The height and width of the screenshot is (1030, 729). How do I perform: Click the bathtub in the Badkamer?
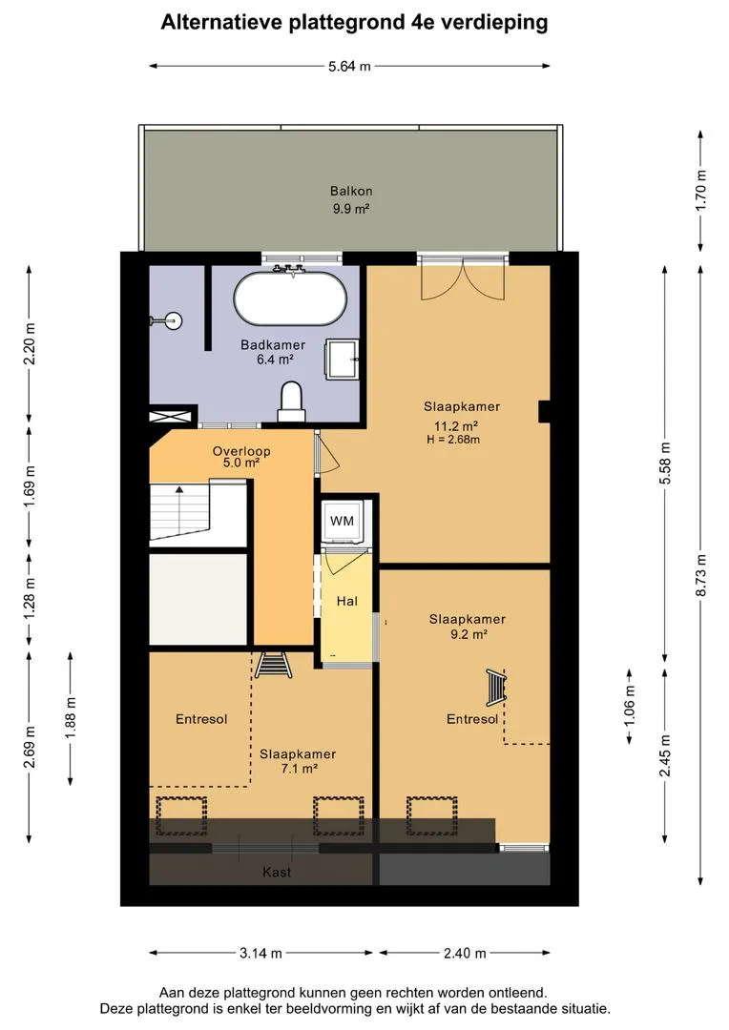[290, 298]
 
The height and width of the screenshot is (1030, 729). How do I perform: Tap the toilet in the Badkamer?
[291, 402]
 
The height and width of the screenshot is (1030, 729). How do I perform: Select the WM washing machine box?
[342, 522]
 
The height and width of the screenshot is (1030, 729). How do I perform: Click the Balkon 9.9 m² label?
[351, 199]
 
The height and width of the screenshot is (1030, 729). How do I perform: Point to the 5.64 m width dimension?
[349, 66]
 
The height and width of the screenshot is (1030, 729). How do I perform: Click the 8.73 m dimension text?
[701, 575]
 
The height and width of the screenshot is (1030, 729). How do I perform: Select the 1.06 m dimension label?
[629, 706]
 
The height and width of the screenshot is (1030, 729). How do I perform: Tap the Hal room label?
[347, 601]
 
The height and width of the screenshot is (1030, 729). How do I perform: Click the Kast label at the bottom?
[277, 873]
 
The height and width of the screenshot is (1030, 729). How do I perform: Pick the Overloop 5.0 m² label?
[241, 457]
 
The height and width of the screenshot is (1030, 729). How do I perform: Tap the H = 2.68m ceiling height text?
[453, 440]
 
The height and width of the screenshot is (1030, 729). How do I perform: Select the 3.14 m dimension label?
[260, 953]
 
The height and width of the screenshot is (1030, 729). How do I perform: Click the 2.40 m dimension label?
[465, 953]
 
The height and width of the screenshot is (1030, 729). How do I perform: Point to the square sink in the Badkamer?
[344, 359]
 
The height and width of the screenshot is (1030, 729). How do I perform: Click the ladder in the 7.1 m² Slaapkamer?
[274, 664]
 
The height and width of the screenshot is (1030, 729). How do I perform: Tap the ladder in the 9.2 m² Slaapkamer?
[497, 687]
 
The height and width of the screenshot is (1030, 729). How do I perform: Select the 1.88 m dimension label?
[71, 717]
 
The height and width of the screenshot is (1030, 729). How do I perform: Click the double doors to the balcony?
[463, 279]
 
